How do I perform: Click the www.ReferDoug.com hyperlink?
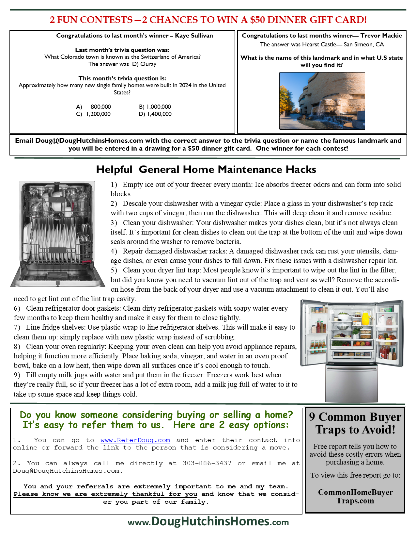(135, 440)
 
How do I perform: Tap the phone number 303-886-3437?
(207, 463)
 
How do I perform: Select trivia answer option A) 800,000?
(94, 107)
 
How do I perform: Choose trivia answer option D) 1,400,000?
(155, 114)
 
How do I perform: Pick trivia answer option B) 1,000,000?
(155, 107)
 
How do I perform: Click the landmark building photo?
(322, 101)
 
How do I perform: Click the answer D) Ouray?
(144, 64)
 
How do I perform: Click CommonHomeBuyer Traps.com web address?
(355, 497)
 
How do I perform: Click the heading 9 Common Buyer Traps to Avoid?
(355, 423)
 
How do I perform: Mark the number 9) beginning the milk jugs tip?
(17, 375)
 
